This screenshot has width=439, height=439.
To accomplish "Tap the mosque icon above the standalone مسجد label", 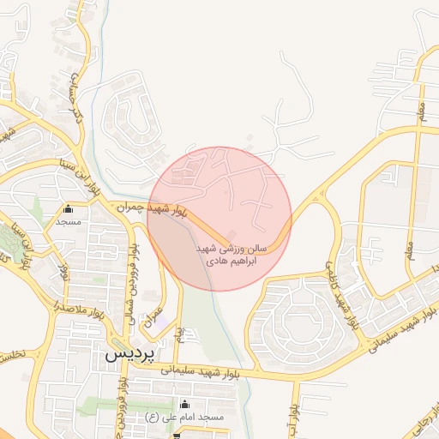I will pos(68,208).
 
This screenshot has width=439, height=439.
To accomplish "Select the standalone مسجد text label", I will pos(68,221).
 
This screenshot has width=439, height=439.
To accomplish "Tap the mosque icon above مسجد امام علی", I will pos(183,404).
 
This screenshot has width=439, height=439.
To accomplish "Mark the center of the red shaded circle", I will pos(219,219).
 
